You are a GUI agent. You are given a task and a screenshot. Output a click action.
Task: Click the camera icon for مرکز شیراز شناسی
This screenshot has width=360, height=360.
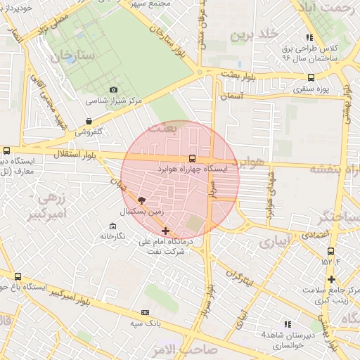114,90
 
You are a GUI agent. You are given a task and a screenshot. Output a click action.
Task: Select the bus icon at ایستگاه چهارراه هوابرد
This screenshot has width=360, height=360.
193,159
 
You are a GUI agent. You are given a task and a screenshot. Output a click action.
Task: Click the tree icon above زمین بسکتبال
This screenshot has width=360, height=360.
141,201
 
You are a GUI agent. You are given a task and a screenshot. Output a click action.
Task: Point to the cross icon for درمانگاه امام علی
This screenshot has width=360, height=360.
165,231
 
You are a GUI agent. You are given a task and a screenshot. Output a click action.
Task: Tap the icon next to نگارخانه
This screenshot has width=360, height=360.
112,226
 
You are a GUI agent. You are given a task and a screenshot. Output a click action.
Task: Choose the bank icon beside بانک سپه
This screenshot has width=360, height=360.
145,312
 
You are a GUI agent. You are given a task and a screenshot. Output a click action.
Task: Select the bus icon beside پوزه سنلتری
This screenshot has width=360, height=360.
311,78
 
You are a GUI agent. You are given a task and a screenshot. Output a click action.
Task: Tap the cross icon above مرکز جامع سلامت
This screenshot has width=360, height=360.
330,279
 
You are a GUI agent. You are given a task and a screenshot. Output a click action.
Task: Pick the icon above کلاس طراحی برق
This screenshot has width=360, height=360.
310,37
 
